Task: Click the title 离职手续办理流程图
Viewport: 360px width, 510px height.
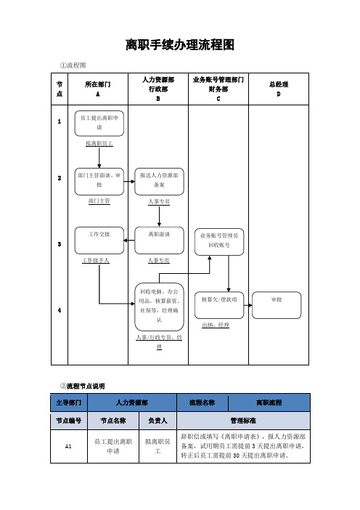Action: click(x=179, y=45)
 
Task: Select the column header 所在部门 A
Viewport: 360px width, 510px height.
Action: click(x=97, y=89)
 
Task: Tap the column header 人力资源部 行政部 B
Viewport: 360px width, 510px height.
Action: click(x=157, y=89)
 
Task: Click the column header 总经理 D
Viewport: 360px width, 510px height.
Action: click(x=279, y=89)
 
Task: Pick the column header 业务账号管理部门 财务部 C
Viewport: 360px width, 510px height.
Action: click(x=218, y=89)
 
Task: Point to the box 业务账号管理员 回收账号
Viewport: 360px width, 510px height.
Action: click(x=219, y=241)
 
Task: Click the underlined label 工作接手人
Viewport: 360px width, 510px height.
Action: click(x=97, y=259)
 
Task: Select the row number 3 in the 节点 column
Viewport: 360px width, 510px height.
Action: click(x=59, y=244)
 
